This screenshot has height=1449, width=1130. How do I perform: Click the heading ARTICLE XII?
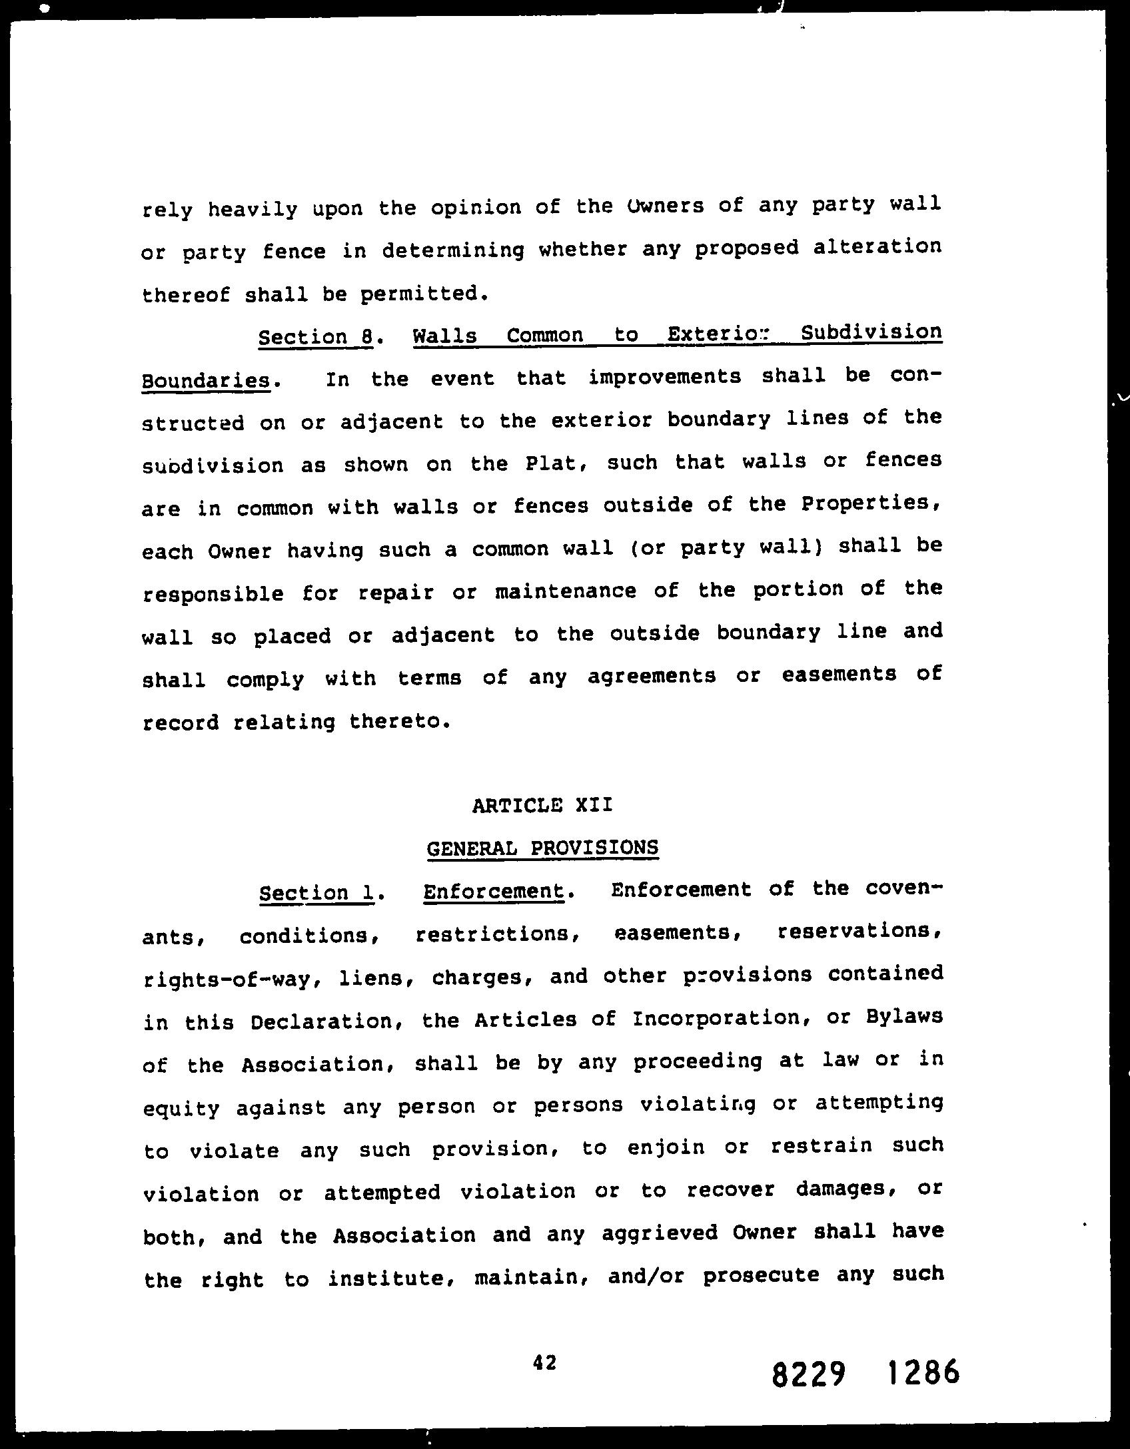point(542,805)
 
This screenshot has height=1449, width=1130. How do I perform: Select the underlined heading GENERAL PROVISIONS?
point(542,848)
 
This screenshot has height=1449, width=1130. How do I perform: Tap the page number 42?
point(544,1362)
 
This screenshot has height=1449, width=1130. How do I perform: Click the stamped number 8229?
point(808,1374)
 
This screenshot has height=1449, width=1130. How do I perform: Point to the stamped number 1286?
point(923,1372)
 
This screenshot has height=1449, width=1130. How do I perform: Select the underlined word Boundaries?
point(206,381)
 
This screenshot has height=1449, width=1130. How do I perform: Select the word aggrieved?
point(658,1234)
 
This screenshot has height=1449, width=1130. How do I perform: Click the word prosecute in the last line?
point(761,1276)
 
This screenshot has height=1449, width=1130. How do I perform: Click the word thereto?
point(395,722)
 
